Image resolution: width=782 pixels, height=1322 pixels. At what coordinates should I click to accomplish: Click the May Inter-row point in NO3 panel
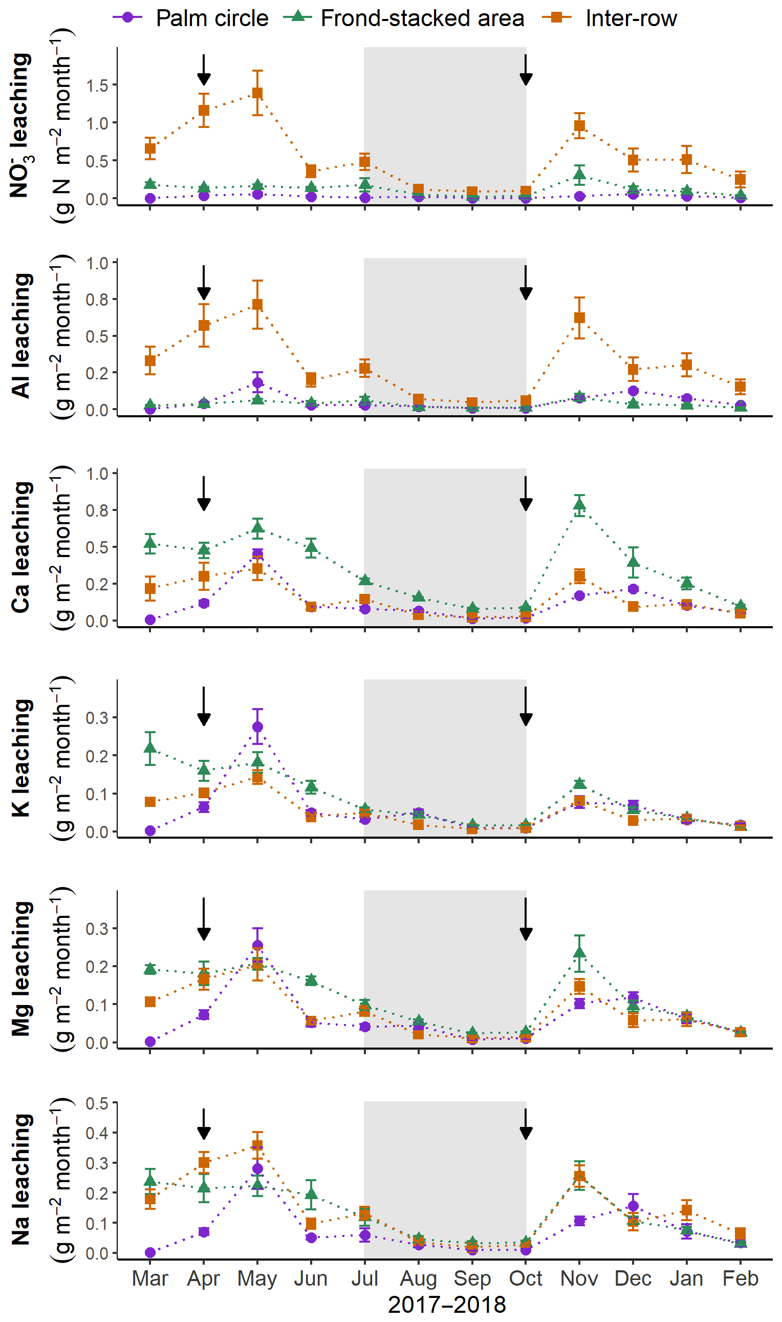[x=257, y=93]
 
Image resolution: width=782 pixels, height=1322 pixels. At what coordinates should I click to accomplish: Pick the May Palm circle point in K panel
[x=257, y=727]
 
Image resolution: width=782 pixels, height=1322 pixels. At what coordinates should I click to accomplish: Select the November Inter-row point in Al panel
[x=579, y=318]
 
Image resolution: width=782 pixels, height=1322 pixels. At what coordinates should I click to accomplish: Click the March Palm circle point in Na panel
[x=150, y=1252]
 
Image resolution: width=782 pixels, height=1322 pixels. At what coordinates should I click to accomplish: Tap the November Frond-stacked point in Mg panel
[x=579, y=952]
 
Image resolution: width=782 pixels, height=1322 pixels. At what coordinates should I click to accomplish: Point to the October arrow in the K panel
[x=526, y=706]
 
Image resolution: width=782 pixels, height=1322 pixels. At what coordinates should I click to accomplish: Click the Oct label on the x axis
[x=526, y=1279]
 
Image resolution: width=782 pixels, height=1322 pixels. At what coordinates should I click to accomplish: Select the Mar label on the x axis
[x=150, y=1279]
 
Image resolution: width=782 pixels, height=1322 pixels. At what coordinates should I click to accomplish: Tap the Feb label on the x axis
[x=740, y=1279]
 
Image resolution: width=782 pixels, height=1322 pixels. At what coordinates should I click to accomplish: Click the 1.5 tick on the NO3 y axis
[x=97, y=86]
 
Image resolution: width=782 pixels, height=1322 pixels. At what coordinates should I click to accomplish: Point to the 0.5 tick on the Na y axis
[x=97, y=1103]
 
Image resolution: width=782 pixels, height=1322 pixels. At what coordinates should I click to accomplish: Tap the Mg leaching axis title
[x=21, y=969]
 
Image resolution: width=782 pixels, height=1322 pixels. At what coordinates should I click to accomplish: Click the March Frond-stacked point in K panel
[x=150, y=748]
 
